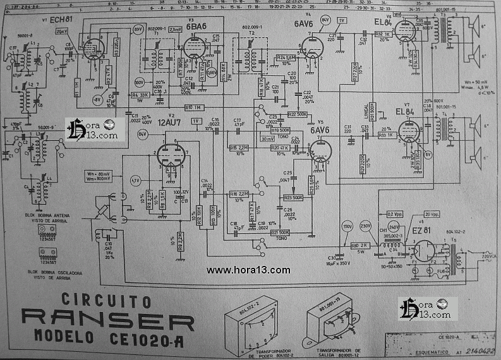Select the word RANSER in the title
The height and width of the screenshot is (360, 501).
pyautogui.click(x=107, y=319)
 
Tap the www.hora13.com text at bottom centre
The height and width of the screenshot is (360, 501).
pyautogui.click(x=248, y=270)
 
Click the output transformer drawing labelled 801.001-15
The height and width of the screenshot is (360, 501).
pyautogui.click(x=332, y=320)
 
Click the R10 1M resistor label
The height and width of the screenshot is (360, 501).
pyautogui.click(x=193, y=107)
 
